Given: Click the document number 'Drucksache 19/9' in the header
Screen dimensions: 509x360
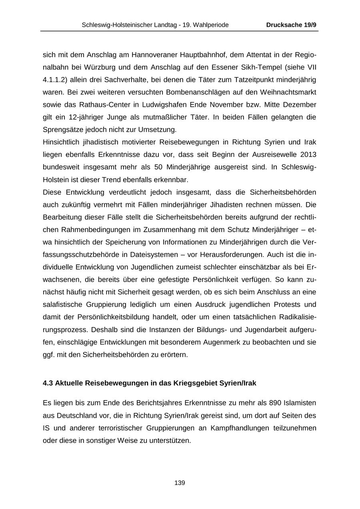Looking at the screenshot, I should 291,25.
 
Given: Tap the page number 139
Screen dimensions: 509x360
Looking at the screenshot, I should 180,483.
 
